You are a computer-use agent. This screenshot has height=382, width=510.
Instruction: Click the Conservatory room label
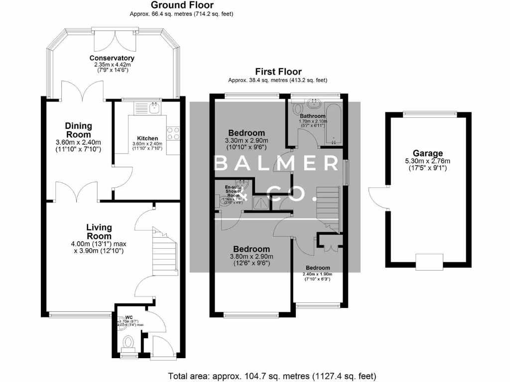[x=112, y=58]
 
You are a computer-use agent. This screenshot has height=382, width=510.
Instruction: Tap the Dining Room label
[x=78, y=130]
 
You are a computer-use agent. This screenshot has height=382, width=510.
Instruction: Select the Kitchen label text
[x=147, y=138]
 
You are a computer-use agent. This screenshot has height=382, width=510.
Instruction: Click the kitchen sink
[x=154, y=107]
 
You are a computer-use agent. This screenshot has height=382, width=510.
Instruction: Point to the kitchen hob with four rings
[x=173, y=133]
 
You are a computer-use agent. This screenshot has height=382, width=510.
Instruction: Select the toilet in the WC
[x=128, y=343]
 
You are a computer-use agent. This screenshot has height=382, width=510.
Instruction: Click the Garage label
[x=427, y=153]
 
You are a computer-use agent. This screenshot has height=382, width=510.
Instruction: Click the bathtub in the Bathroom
[x=331, y=124]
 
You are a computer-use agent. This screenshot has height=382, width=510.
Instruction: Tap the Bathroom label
[x=313, y=116]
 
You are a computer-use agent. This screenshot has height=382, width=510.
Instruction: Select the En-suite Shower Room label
[x=233, y=191]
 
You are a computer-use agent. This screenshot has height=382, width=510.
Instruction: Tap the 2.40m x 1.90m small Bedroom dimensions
[x=317, y=274]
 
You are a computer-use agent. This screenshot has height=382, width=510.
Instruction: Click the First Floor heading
[x=278, y=72]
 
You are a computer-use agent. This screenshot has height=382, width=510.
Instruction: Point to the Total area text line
[x=272, y=376]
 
